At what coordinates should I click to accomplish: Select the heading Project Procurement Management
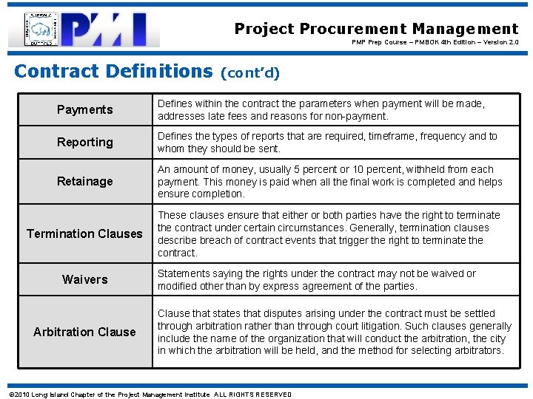click(376, 29)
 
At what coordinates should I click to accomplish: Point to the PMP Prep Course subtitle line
click(435, 42)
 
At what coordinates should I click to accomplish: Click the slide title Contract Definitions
click(113, 72)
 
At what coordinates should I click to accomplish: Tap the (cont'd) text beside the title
click(249, 73)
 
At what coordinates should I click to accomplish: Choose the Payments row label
click(85, 110)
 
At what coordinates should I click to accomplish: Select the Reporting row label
click(85, 142)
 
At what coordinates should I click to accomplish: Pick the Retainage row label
click(85, 181)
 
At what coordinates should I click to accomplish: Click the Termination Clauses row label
click(84, 233)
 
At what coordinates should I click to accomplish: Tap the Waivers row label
click(85, 279)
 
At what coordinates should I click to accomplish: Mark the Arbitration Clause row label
click(84, 332)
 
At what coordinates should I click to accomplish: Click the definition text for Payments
click(321, 110)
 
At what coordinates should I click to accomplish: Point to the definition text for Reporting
click(327, 142)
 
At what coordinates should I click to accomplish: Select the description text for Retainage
click(329, 182)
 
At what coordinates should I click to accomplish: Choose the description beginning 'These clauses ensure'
click(329, 233)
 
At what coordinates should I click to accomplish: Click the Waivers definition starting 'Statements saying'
click(317, 279)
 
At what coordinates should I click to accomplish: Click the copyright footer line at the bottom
click(149, 394)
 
